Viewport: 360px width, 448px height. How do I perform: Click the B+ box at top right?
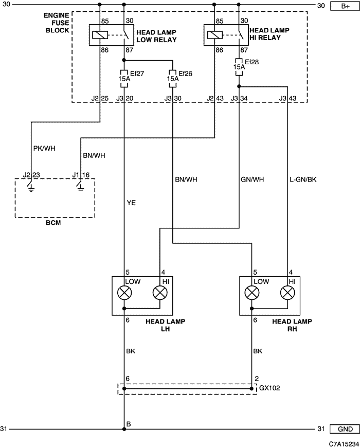345,6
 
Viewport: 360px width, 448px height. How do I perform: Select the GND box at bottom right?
345,429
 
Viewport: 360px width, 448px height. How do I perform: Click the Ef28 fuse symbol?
239,67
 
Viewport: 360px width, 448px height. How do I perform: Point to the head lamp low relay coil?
100,35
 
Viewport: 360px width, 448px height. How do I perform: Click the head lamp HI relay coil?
214,35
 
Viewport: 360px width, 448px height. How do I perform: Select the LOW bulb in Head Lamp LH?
124,293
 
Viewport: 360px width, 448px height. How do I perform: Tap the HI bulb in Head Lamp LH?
160,293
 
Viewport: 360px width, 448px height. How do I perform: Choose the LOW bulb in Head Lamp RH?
252,293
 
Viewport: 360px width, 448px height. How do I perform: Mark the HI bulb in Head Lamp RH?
287,293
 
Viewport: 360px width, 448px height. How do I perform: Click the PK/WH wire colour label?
44,148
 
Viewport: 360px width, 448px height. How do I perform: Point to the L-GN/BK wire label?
303,180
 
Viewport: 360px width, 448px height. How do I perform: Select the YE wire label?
131,203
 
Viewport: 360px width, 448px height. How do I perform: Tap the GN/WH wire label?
253,180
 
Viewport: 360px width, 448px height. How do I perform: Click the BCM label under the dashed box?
53,223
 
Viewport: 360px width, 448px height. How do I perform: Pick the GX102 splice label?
269,388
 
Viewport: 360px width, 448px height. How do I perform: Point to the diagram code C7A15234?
344,444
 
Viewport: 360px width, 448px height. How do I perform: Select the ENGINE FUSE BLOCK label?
57,23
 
